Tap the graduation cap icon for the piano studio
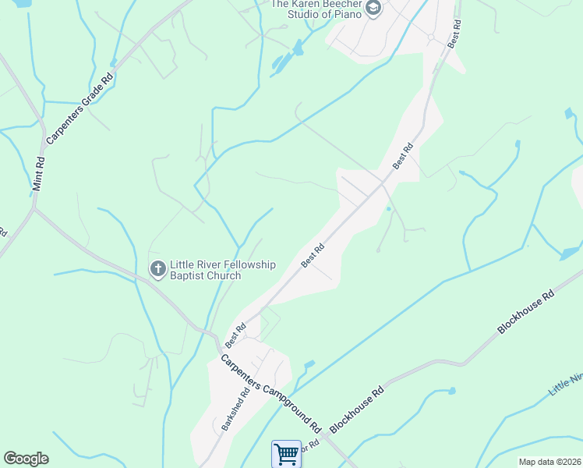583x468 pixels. click(373, 9)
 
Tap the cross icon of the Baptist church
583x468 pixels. click(157, 270)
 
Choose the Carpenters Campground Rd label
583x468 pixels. click(270, 394)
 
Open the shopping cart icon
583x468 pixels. click(286, 453)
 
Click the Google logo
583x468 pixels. click(26, 459)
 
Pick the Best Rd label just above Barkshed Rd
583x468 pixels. click(235, 335)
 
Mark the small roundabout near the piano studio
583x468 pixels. click(429, 37)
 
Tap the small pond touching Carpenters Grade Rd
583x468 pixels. click(114, 62)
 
